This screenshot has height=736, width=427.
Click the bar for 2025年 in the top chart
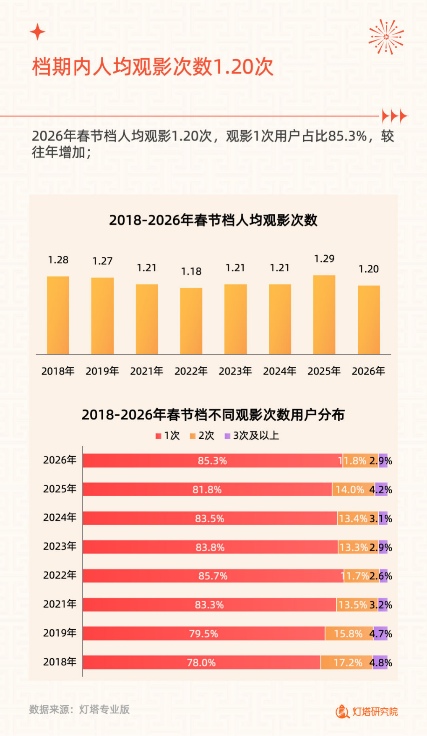click(x=324, y=315)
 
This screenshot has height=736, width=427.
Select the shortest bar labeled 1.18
click(x=191, y=321)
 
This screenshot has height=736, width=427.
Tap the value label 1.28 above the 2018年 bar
click(x=58, y=260)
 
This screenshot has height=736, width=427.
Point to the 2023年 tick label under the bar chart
click(x=235, y=371)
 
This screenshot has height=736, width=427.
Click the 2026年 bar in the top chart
click(x=368, y=320)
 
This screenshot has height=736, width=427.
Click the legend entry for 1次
click(x=168, y=435)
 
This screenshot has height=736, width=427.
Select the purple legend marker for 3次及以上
click(x=228, y=436)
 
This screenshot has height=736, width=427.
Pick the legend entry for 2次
click(x=202, y=435)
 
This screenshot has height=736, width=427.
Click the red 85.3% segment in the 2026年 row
click(x=212, y=461)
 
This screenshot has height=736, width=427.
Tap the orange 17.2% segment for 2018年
click(x=347, y=663)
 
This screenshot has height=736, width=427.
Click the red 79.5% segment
click(x=203, y=634)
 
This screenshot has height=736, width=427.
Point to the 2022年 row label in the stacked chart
click(x=60, y=575)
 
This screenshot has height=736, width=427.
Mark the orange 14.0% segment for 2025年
click(x=353, y=490)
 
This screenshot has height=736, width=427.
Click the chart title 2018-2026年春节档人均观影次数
click(x=213, y=220)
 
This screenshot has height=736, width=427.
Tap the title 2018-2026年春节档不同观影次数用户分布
click(x=213, y=415)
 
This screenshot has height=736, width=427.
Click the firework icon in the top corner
click(x=386, y=37)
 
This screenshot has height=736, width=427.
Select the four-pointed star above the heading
click(x=38, y=32)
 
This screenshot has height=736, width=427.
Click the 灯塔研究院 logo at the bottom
click(x=367, y=711)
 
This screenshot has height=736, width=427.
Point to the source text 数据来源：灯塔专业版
click(x=79, y=710)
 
